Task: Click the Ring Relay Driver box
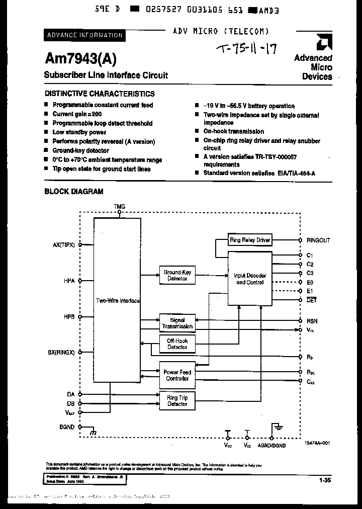click(250, 240)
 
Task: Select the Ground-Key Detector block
click(177, 275)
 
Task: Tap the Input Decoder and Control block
click(250, 279)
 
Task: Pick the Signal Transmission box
click(177, 323)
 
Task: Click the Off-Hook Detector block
click(177, 344)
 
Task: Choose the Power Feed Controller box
click(177, 375)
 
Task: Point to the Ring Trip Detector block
click(177, 400)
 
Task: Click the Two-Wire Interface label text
click(118, 300)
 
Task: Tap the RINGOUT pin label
click(318, 240)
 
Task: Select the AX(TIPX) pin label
click(63, 245)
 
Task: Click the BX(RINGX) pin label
click(61, 353)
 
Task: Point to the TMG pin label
click(119, 207)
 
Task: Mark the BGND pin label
click(66, 427)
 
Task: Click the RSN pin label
click(312, 321)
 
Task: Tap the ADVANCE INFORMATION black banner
click(84, 35)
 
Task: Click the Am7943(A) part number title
click(80, 59)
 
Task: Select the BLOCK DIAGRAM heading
click(74, 191)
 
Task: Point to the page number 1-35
click(324, 480)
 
